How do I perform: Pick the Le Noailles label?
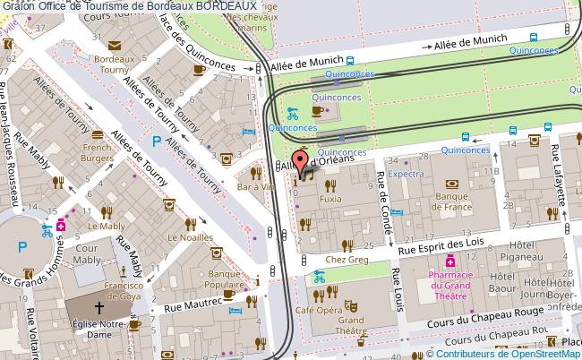coord(193,237)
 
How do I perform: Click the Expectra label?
coord(407,176)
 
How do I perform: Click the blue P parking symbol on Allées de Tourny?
coord(158,141)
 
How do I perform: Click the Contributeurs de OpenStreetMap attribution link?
coord(507,353)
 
